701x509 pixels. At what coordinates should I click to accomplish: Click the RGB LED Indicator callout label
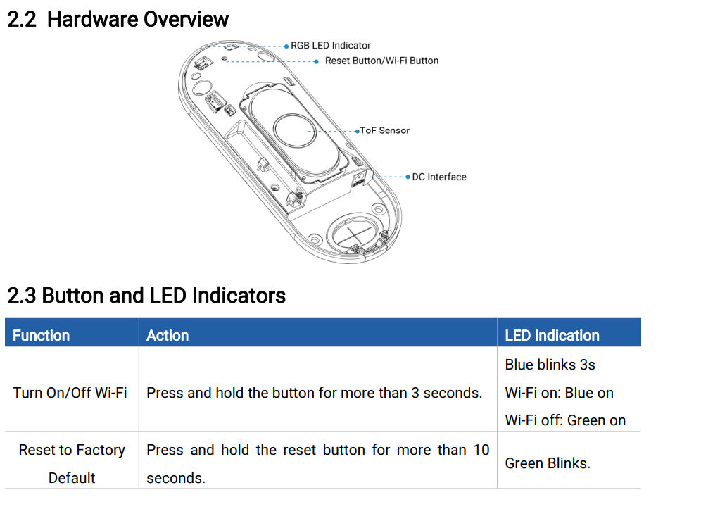click(331, 46)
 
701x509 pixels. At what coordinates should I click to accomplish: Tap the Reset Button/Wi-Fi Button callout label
click(381, 61)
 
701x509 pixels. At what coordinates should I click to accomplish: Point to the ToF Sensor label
click(385, 130)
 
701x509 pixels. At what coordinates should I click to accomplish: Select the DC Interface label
click(439, 177)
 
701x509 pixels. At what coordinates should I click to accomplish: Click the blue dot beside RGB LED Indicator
click(286, 46)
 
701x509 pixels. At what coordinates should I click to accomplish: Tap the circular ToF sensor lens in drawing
click(296, 130)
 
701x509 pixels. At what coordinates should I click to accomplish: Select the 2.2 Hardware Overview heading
click(118, 19)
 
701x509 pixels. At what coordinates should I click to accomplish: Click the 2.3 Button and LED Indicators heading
click(146, 295)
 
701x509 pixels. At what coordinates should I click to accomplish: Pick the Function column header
click(42, 335)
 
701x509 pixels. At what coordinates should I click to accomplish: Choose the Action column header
click(168, 335)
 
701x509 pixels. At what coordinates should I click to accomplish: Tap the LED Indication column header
click(552, 335)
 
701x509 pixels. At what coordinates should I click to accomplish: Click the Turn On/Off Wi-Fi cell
click(70, 393)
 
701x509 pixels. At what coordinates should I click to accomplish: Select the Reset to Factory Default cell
click(72, 463)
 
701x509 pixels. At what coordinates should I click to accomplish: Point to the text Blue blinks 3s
click(550, 365)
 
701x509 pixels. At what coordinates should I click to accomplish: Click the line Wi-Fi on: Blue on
click(559, 393)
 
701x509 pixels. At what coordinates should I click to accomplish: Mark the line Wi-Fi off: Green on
click(565, 420)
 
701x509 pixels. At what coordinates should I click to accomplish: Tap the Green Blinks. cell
click(548, 463)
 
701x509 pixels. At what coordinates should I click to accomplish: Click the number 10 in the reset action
click(481, 450)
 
